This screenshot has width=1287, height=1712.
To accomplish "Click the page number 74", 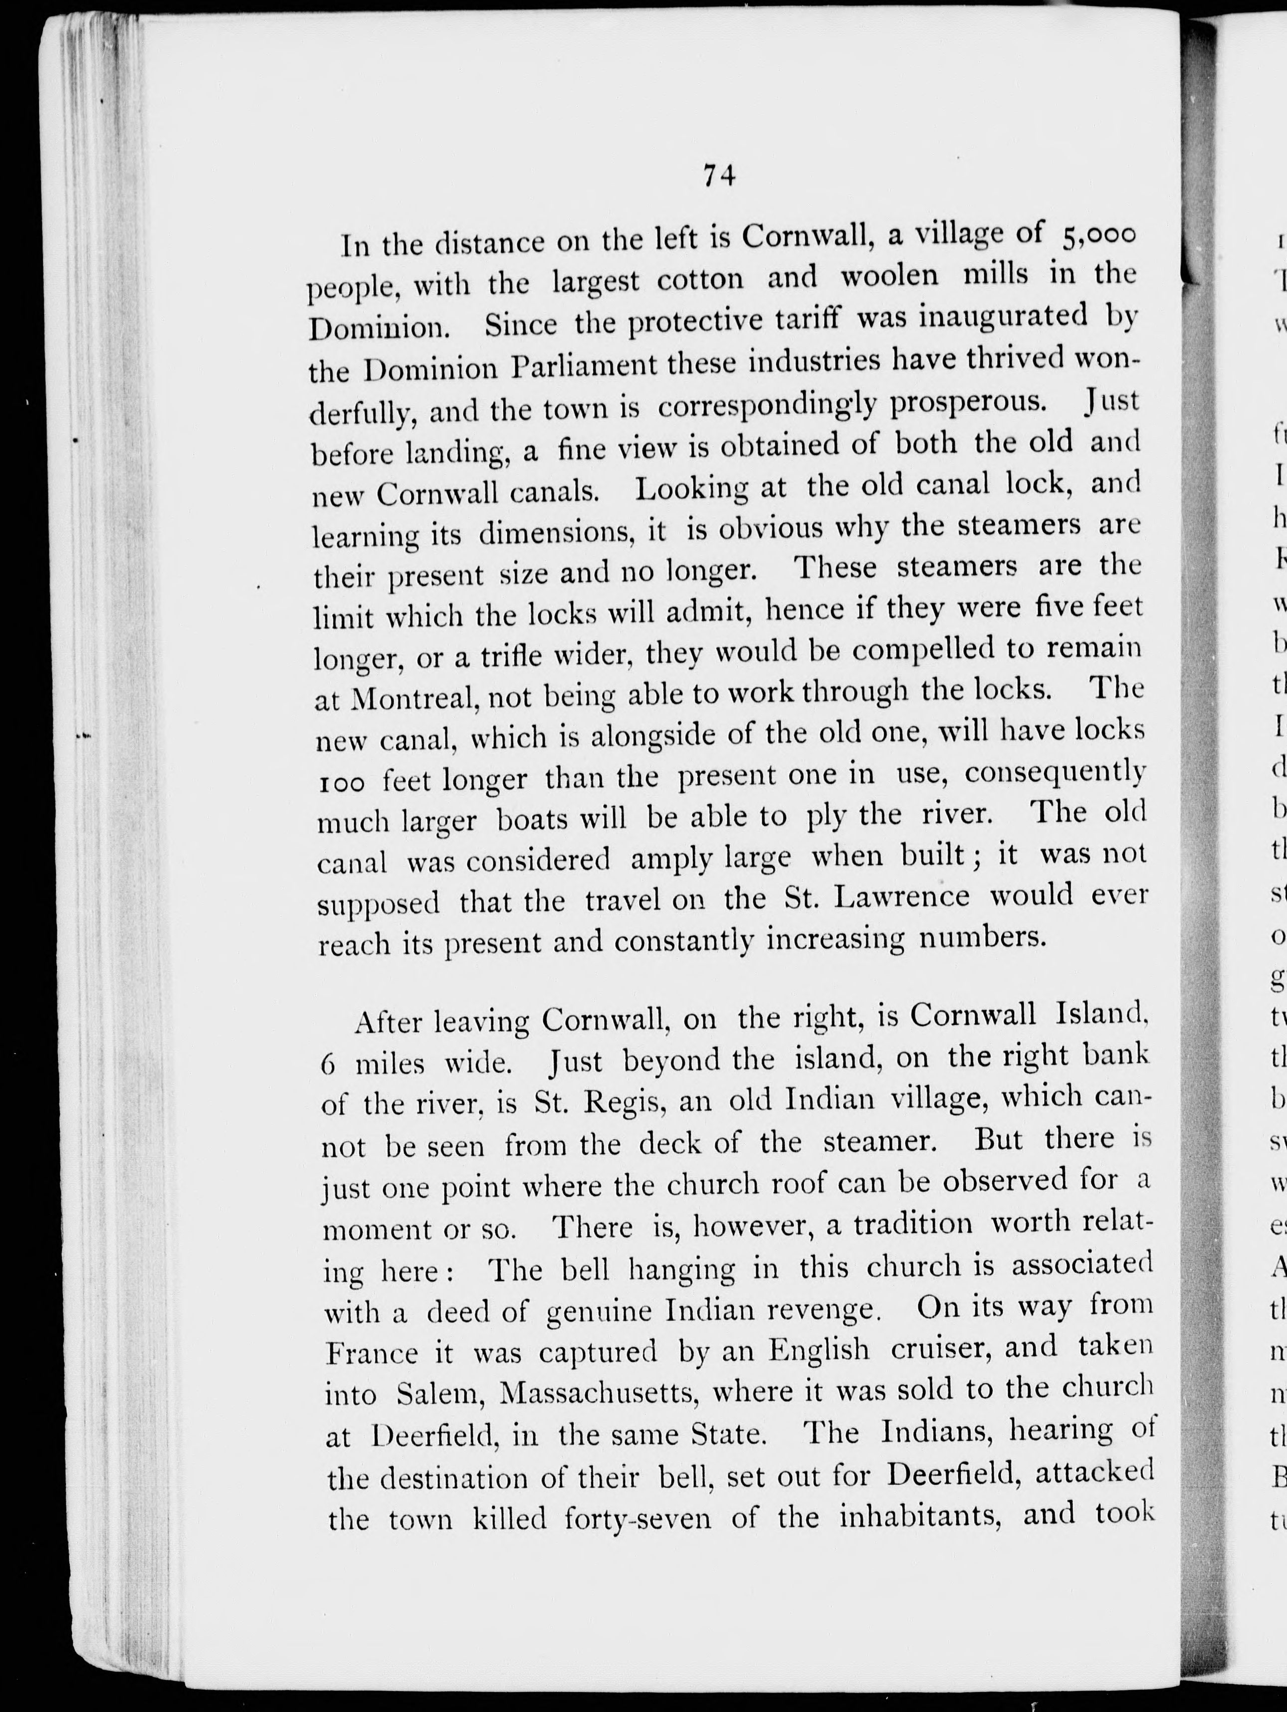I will click(719, 177).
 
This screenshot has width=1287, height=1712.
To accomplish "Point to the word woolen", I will click(886, 277).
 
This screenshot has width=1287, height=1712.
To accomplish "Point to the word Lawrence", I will click(903, 896).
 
